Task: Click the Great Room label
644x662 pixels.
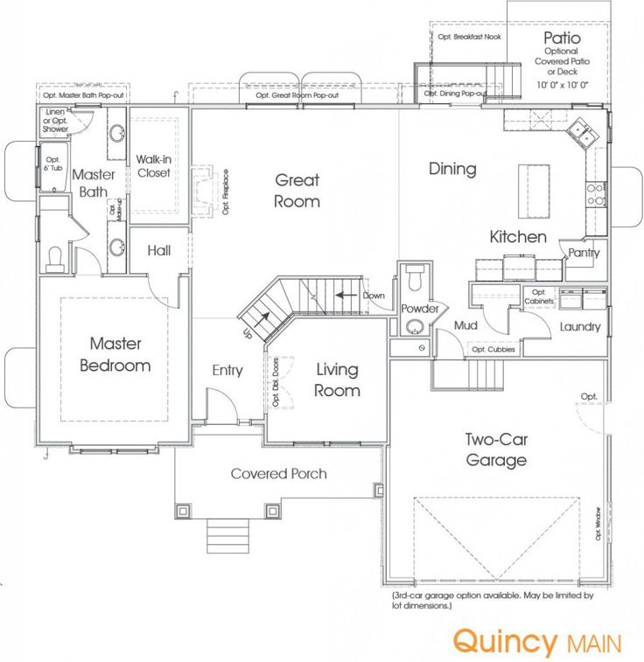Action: tap(297, 191)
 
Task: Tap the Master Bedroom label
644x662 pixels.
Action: tap(115, 355)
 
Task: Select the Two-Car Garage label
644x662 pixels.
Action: tap(495, 449)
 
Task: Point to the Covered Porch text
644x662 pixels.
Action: tap(278, 474)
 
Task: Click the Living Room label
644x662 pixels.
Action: tap(337, 380)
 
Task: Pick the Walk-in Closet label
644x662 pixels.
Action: tap(153, 166)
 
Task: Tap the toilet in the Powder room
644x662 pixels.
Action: tap(415, 280)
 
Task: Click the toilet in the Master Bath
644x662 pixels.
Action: tap(55, 257)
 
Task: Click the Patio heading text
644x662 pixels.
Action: tap(562, 38)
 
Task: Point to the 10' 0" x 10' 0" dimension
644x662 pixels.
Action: tap(562, 84)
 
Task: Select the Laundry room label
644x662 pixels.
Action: tap(579, 327)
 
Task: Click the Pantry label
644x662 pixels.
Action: tap(583, 253)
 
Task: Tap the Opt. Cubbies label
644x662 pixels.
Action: tap(493, 350)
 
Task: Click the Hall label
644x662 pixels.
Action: tap(158, 251)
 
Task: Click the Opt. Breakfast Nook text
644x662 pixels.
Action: tap(471, 37)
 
